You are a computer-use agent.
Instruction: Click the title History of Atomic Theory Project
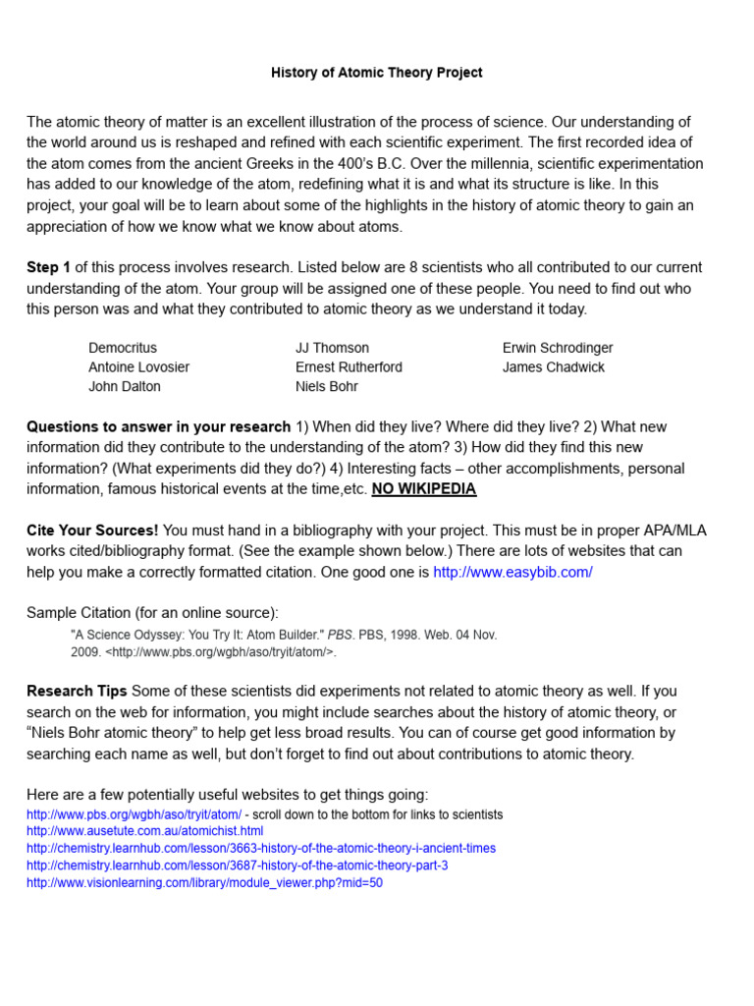tap(377, 73)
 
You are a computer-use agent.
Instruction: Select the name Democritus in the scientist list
tap(123, 348)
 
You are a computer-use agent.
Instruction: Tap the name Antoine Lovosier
tap(138, 367)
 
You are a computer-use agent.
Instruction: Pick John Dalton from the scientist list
tap(125, 386)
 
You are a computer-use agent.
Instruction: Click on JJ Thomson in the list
tap(332, 348)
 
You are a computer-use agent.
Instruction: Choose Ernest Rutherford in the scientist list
tap(349, 367)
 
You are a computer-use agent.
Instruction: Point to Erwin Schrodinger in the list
tap(558, 348)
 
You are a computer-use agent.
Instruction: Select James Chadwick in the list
tap(554, 367)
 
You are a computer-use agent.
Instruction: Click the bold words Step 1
tap(49, 267)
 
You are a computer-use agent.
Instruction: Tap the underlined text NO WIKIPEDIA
tap(424, 489)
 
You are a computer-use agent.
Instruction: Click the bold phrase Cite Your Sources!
tap(92, 531)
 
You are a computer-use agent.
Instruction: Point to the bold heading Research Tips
tap(77, 691)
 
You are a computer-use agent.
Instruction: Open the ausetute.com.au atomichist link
tap(144, 831)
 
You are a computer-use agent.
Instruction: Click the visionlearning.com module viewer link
tap(204, 883)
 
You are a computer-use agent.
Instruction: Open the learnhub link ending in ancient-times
tap(261, 849)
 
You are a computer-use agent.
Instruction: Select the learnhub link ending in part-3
tap(237, 866)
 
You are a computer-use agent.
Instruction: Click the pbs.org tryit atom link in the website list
tap(134, 814)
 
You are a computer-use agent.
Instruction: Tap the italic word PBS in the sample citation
tap(340, 636)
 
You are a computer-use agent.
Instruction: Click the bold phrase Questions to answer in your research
tap(158, 426)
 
